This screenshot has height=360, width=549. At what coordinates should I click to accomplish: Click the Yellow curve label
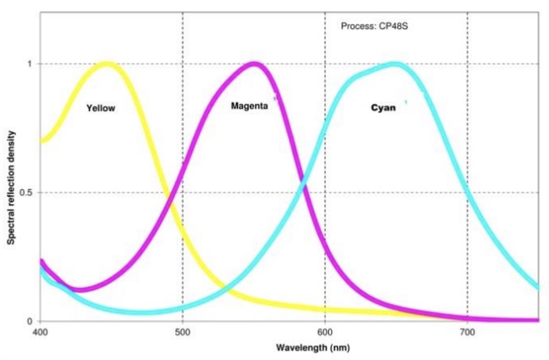click(x=101, y=108)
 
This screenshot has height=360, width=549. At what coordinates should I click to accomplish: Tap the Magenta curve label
click(x=250, y=106)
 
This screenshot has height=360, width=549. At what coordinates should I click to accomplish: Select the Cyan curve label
click(x=383, y=108)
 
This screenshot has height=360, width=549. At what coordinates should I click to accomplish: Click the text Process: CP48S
click(x=374, y=26)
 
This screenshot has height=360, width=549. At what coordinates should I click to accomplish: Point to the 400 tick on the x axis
click(x=40, y=331)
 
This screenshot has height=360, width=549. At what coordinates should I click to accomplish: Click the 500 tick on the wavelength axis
click(x=183, y=331)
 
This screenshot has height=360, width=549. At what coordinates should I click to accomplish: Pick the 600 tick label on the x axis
click(x=325, y=331)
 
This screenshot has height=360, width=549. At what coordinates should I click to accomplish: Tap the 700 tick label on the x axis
click(x=467, y=331)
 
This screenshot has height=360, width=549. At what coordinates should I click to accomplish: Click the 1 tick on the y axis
click(x=30, y=64)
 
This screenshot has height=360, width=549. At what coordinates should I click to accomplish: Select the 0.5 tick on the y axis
click(x=27, y=192)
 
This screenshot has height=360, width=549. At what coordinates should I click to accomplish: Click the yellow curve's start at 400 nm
click(x=41, y=141)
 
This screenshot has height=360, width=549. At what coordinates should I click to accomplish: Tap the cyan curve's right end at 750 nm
click(x=538, y=288)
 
